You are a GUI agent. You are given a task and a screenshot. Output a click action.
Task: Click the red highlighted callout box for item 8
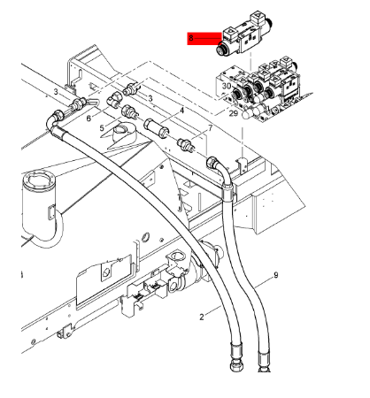coord(203,38)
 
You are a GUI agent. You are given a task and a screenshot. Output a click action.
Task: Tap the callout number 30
coord(227,86)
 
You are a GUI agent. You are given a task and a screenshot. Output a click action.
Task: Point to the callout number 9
coord(275,276)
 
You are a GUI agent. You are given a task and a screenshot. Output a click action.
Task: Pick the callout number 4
coord(182,111)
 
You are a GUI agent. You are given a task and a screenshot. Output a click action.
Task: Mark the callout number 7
coord(210,129)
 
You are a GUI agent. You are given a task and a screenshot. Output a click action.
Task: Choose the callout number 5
coord(102,128)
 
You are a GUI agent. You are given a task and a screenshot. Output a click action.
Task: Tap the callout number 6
coord(89,117)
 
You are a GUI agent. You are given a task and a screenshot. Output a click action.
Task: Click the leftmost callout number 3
coord(56,91)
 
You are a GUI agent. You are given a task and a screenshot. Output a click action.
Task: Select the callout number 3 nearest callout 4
coord(150,98)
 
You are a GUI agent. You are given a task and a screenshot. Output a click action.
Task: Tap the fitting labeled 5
coord(129,112)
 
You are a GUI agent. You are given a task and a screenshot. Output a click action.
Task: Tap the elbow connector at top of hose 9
coord(215,164)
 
